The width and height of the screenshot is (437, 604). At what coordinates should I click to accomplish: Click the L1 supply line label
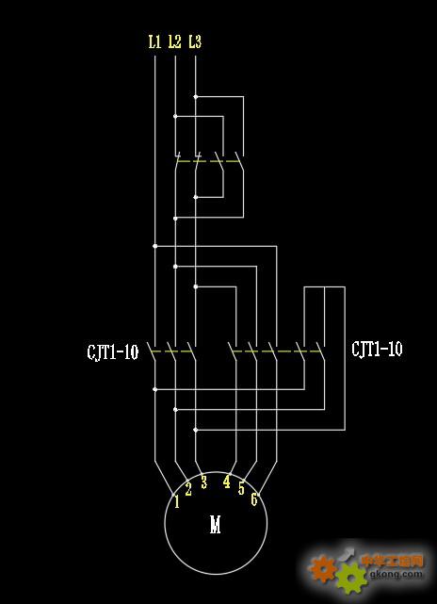tap(154, 41)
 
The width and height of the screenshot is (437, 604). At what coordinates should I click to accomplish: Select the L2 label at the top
tap(175, 41)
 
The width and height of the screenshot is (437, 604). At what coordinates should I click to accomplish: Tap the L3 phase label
tap(195, 41)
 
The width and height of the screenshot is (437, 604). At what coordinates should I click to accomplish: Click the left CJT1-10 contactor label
tap(112, 351)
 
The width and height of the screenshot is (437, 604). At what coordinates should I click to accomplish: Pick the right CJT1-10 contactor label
tap(377, 349)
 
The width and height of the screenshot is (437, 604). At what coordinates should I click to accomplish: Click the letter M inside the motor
tap(216, 524)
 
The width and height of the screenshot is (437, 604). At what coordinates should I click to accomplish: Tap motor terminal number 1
tap(177, 502)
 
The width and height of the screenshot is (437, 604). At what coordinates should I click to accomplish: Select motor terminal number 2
tap(188, 489)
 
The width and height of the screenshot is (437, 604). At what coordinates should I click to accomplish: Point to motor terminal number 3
tap(203, 482)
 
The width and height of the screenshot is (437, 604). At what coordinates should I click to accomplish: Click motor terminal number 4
tap(227, 482)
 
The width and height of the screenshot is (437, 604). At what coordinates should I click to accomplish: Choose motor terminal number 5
tap(241, 488)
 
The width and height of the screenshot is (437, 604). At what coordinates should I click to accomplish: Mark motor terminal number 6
tap(254, 499)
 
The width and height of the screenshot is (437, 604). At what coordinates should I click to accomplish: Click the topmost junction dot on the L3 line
tap(196, 97)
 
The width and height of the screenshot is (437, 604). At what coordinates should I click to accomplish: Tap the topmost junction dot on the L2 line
tap(175, 116)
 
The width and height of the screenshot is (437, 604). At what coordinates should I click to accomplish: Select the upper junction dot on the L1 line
tap(155, 246)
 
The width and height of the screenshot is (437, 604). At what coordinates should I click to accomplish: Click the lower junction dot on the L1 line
tap(155, 389)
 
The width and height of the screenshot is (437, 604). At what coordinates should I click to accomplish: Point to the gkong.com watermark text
tap(396, 575)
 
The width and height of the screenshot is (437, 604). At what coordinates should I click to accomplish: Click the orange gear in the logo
tap(323, 568)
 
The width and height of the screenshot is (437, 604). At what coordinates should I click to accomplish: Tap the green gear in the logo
tap(351, 579)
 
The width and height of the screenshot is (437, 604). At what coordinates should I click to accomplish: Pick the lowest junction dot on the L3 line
tap(196, 430)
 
